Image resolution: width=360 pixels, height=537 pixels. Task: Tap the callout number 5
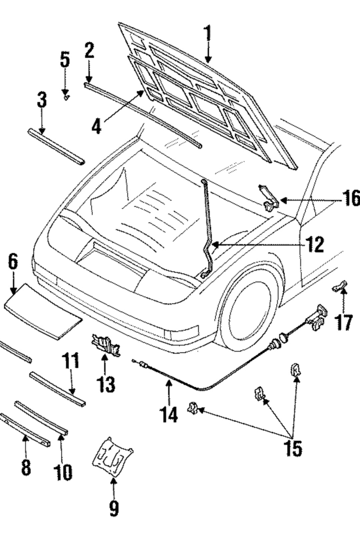pos(65,60)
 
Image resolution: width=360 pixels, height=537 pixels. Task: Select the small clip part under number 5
pos(67,98)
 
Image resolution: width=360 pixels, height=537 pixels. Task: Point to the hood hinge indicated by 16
pos(268,199)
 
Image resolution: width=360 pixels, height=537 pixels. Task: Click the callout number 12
pos(314,245)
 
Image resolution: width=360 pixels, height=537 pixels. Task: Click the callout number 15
pos(293,448)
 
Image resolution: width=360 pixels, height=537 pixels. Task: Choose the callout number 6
pos(13,262)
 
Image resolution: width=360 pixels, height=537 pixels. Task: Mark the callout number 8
pos(26,467)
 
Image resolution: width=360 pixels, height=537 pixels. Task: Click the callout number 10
pos(62,472)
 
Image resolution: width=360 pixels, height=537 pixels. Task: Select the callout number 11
pos(71,361)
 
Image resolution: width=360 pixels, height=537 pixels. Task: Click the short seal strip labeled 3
pos(56,147)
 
